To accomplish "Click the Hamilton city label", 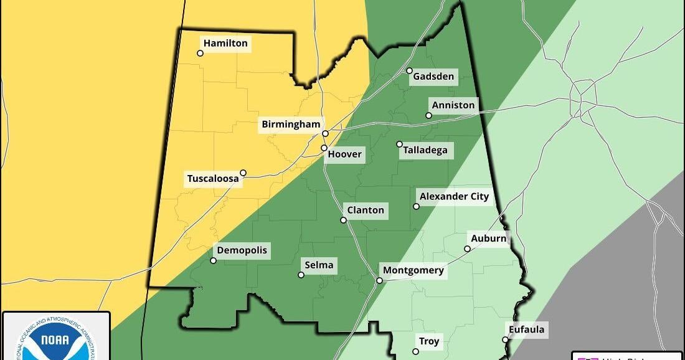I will [x=225, y=43].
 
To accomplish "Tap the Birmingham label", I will [x=291, y=125].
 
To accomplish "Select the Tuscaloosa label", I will [x=213, y=179].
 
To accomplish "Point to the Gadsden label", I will [x=433, y=77].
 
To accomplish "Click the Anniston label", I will [x=453, y=105].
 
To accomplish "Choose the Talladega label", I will [x=425, y=150].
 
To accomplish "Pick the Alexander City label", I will [x=455, y=197].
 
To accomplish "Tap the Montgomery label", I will [x=413, y=270].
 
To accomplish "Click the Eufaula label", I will [x=526, y=329].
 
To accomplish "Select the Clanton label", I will [x=366, y=210].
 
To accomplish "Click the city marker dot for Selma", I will [x=301, y=275].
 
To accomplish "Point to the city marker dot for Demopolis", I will [x=213, y=260].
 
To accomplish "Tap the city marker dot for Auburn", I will [x=467, y=249].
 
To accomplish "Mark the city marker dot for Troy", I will [x=415, y=351].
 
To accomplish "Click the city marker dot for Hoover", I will [x=324, y=148].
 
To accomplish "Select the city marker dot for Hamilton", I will [x=200, y=53].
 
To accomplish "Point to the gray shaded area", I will [x=623, y=280].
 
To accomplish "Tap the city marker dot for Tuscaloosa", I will [x=243, y=173].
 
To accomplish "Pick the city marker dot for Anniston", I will [x=428, y=115].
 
